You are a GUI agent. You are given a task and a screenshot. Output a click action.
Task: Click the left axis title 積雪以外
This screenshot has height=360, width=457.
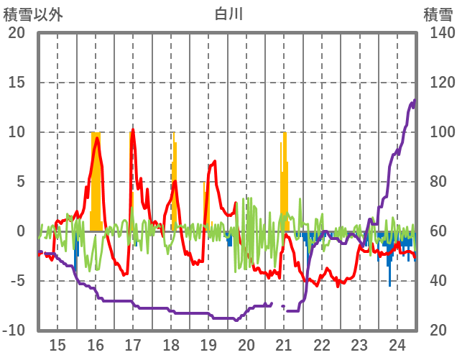pyautogui.click(x=34, y=13)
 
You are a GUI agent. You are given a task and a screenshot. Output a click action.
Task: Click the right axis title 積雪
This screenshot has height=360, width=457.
pyautogui.click(x=438, y=13)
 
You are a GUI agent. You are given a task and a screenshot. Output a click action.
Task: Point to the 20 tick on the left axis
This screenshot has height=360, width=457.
pyautogui.click(x=17, y=33)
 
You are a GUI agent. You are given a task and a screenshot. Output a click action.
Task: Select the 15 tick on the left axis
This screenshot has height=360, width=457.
pyautogui.click(x=17, y=83)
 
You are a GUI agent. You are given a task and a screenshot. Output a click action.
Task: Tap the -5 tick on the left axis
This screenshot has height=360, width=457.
pyautogui.click(x=17, y=281)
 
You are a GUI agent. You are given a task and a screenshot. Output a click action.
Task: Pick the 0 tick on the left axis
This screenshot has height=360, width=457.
pyautogui.click(x=22, y=231)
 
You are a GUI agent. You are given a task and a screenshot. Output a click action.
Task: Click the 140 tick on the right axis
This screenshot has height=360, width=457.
pyautogui.click(x=438, y=33)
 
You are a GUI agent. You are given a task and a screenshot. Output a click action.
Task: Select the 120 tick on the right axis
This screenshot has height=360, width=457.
pyautogui.click(x=438, y=83)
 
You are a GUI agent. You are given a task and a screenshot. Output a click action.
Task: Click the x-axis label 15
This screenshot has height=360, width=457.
pyautogui.click(x=57, y=345)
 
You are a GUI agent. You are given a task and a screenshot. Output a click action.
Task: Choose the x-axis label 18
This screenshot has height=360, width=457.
pyautogui.click(x=171, y=345)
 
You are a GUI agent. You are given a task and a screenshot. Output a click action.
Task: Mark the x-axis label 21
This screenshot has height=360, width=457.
pyautogui.click(x=284, y=345)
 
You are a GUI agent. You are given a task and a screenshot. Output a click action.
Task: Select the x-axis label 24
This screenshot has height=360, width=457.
pyautogui.click(x=397, y=345)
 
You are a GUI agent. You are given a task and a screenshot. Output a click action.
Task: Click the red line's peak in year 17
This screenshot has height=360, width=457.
pyautogui.click(x=132, y=130)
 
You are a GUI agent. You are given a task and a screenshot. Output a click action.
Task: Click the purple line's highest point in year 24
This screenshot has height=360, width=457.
pyautogui.click(x=415, y=100)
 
